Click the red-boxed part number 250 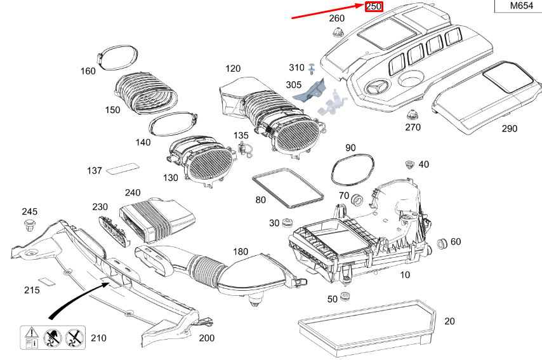(x=373, y=6)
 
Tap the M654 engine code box (x=517, y=6)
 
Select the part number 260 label (x=337, y=18)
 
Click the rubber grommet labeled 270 (x=414, y=116)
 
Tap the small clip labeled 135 (x=243, y=150)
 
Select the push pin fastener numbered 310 (x=313, y=68)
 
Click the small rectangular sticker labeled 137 (x=122, y=168)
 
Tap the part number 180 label (x=241, y=252)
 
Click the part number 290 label (x=509, y=128)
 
